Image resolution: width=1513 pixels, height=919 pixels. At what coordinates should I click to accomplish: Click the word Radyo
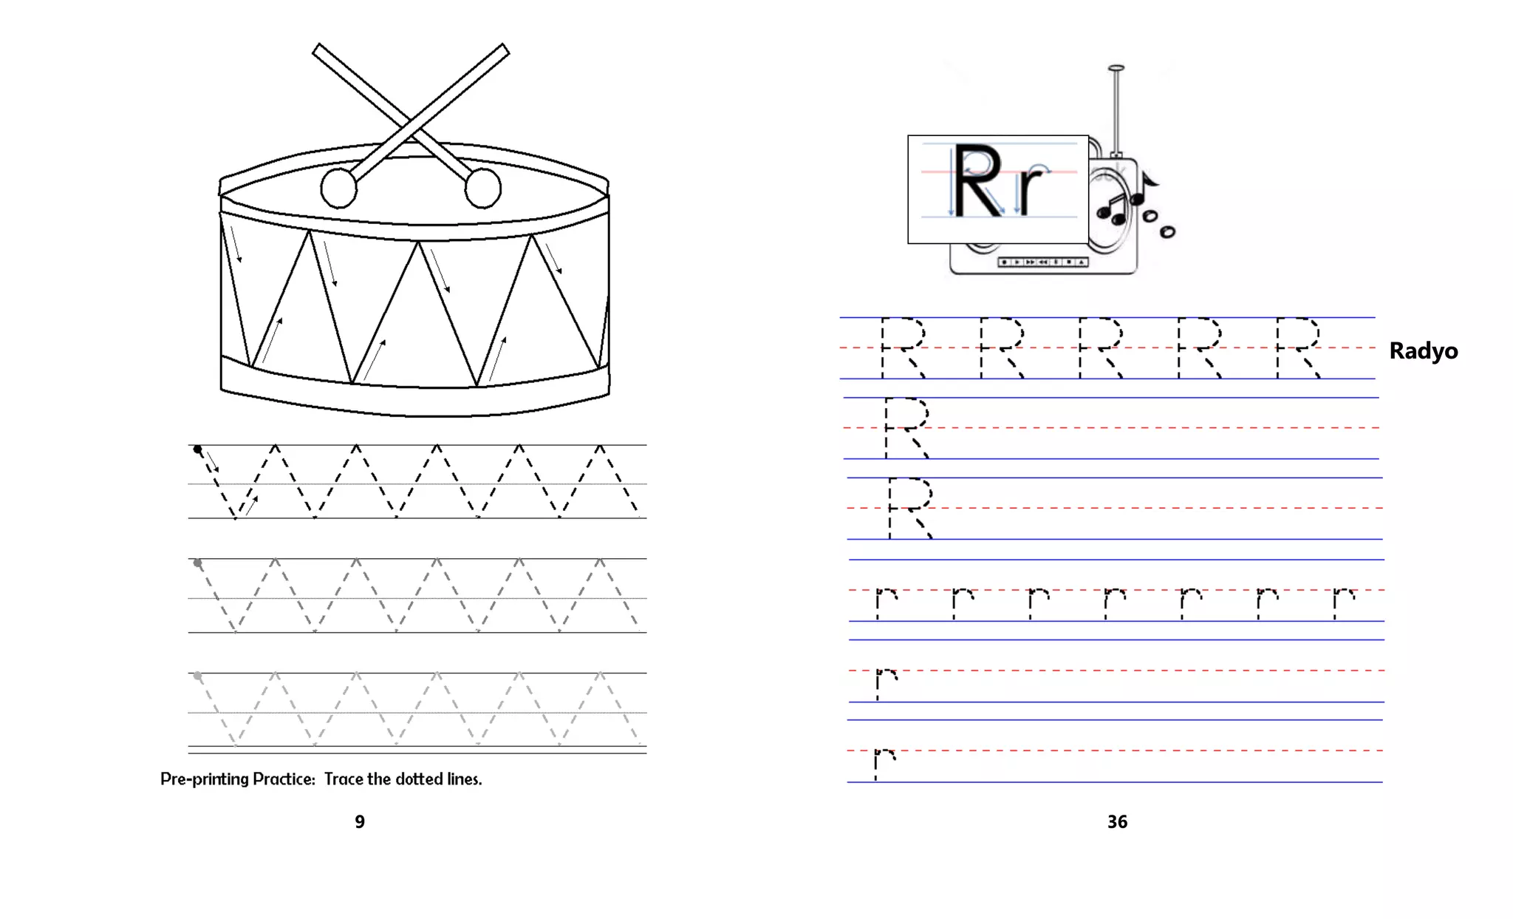pos(1423,350)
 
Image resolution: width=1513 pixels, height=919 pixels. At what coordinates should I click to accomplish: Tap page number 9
pos(360,821)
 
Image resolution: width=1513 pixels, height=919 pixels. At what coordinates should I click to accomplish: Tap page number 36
pos(1117,821)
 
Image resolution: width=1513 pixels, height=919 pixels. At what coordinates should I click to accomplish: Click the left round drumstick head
pos(339,188)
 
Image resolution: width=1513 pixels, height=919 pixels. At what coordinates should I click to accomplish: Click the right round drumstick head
pos(483,188)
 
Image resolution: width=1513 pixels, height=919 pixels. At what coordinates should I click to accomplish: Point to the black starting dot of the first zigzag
pos(197,449)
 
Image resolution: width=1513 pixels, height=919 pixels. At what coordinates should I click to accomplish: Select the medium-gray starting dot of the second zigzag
pos(197,563)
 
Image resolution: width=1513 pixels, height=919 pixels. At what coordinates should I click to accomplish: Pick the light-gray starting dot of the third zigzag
pos(197,676)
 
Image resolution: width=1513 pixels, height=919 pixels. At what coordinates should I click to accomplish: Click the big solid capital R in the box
pos(979,181)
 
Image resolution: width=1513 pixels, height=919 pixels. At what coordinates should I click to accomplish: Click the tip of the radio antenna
pos(1116,68)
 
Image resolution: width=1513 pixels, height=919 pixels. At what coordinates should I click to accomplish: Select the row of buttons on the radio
pos(1042,262)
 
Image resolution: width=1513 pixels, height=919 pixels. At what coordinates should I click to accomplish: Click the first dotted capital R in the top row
pos(903,347)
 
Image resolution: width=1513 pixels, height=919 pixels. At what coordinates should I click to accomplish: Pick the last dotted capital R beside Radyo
pos(1298,347)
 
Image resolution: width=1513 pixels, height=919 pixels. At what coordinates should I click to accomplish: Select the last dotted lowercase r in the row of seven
pos(1344,603)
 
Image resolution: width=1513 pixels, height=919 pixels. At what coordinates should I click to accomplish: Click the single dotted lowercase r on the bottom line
pos(884,764)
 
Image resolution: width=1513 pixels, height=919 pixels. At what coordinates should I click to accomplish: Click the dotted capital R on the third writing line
pos(910,508)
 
